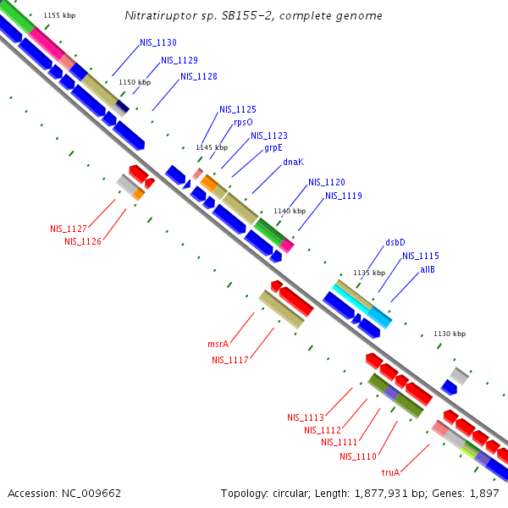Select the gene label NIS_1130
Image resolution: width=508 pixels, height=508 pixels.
[158, 42]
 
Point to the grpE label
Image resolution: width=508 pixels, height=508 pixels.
[273, 147]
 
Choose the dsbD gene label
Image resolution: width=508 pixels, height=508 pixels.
[395, 242]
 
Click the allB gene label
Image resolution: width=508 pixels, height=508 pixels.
[428, 269]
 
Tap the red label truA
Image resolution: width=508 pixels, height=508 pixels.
[390, 472]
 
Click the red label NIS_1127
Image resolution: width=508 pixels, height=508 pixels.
[69, 229]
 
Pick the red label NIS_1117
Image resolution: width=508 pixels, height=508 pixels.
[230, 360]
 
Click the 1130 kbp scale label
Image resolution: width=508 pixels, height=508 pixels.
[450, 334]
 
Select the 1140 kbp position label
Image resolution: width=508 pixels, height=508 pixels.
[289, 211]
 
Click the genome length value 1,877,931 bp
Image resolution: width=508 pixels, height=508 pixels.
[381, 493]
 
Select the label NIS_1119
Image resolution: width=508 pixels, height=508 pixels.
[344, 196]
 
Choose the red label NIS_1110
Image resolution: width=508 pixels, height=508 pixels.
[358, 456]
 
